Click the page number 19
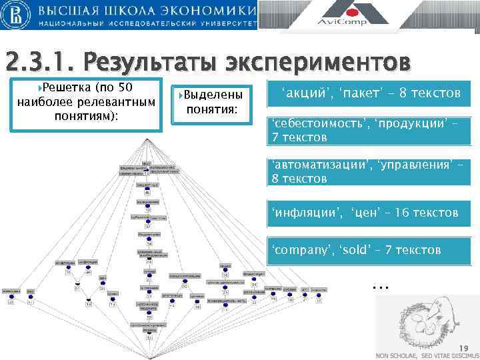point(464,347)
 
